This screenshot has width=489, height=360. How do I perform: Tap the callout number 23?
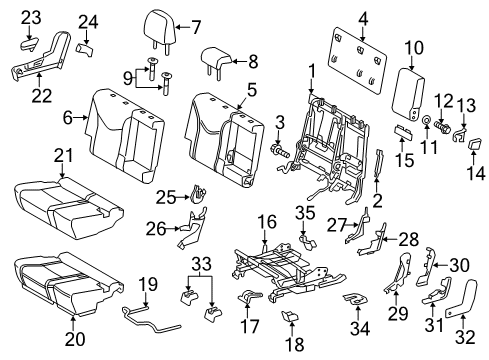31,17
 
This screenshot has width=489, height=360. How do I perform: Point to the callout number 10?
414,47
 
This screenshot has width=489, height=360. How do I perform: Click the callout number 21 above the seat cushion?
65,153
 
